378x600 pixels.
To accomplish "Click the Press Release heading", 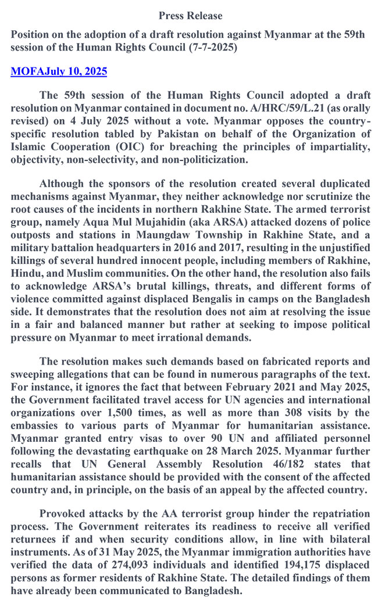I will (x=190, y=16).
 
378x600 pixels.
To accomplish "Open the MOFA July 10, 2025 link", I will (x=59, y=72).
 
